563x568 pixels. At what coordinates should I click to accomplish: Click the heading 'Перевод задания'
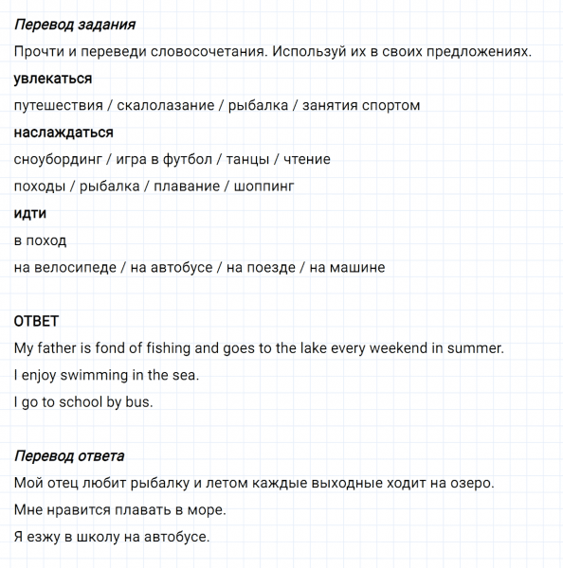75,25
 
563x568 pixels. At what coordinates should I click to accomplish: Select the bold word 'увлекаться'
53,79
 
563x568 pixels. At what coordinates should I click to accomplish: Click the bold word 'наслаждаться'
64,133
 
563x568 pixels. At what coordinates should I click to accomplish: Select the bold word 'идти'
30,214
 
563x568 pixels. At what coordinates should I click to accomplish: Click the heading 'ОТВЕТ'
36,322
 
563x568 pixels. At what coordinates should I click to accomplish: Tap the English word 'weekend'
399,348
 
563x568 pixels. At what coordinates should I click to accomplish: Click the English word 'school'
81,402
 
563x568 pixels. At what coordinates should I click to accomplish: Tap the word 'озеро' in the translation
468,484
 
